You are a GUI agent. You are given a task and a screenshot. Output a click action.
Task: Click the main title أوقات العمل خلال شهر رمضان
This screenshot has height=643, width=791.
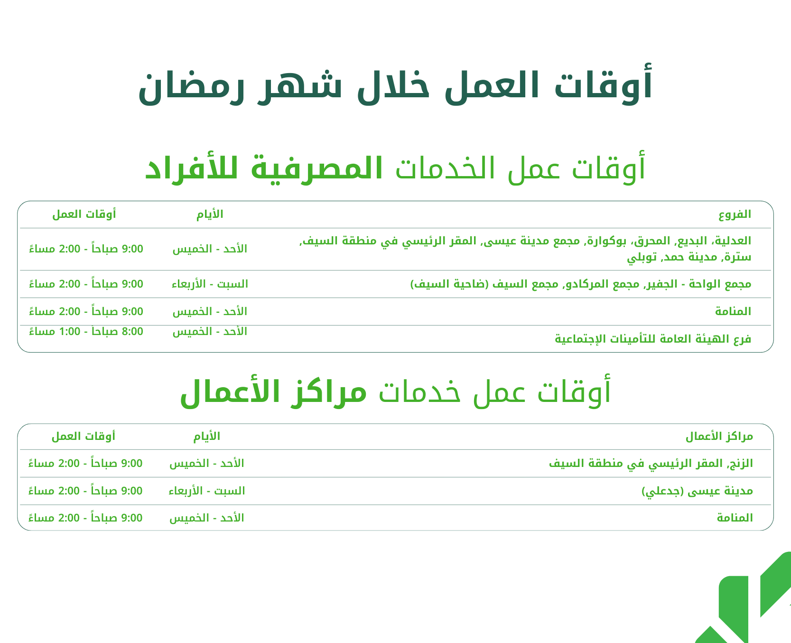click(395, 86)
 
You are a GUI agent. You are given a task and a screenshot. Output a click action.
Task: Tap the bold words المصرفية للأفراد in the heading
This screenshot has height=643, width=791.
click(264, 168)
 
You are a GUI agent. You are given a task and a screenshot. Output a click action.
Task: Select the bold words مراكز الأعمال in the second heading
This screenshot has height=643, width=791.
click(274, 392)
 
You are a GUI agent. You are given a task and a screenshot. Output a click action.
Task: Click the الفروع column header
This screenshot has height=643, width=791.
click(735, 214)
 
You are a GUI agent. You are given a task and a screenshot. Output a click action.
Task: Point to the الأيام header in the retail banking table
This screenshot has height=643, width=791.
click(210, 214)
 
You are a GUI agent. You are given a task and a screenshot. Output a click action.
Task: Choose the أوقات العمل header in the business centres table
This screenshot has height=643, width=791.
click(84, 436)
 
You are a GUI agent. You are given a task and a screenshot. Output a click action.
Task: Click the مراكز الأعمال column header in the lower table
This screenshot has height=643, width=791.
click(719, 436)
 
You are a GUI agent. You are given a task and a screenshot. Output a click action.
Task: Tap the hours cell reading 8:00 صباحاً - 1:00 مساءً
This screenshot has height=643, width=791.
click(86, 331)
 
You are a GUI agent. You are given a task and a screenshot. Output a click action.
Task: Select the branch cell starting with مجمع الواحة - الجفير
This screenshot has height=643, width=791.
click(580, 284)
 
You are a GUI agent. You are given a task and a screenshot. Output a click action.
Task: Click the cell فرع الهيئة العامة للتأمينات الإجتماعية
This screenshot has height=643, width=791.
click(653, 339)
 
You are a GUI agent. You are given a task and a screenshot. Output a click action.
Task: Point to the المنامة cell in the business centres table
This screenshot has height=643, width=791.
click(735, 518)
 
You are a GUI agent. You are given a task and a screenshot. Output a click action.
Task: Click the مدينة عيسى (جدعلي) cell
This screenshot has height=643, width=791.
click(697, 491)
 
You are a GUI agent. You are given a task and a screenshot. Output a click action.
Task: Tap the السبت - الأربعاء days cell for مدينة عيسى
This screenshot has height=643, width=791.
click(207, 491)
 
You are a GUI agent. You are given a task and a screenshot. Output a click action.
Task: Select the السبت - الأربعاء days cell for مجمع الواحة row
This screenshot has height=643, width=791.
click(210, 284)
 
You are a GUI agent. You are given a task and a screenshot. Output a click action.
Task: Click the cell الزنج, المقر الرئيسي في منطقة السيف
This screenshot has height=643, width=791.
click(651, 463)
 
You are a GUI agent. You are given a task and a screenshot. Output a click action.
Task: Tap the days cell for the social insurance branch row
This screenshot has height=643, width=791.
click(210, 331)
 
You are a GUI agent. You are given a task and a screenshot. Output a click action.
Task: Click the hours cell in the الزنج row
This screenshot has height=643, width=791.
click(85, 463)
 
